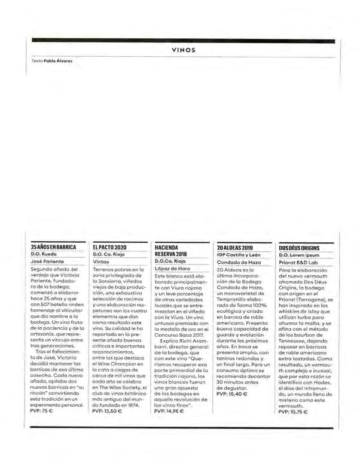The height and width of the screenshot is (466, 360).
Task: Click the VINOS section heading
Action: (184, 51)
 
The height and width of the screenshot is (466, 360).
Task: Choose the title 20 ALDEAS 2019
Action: (236, 246)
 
